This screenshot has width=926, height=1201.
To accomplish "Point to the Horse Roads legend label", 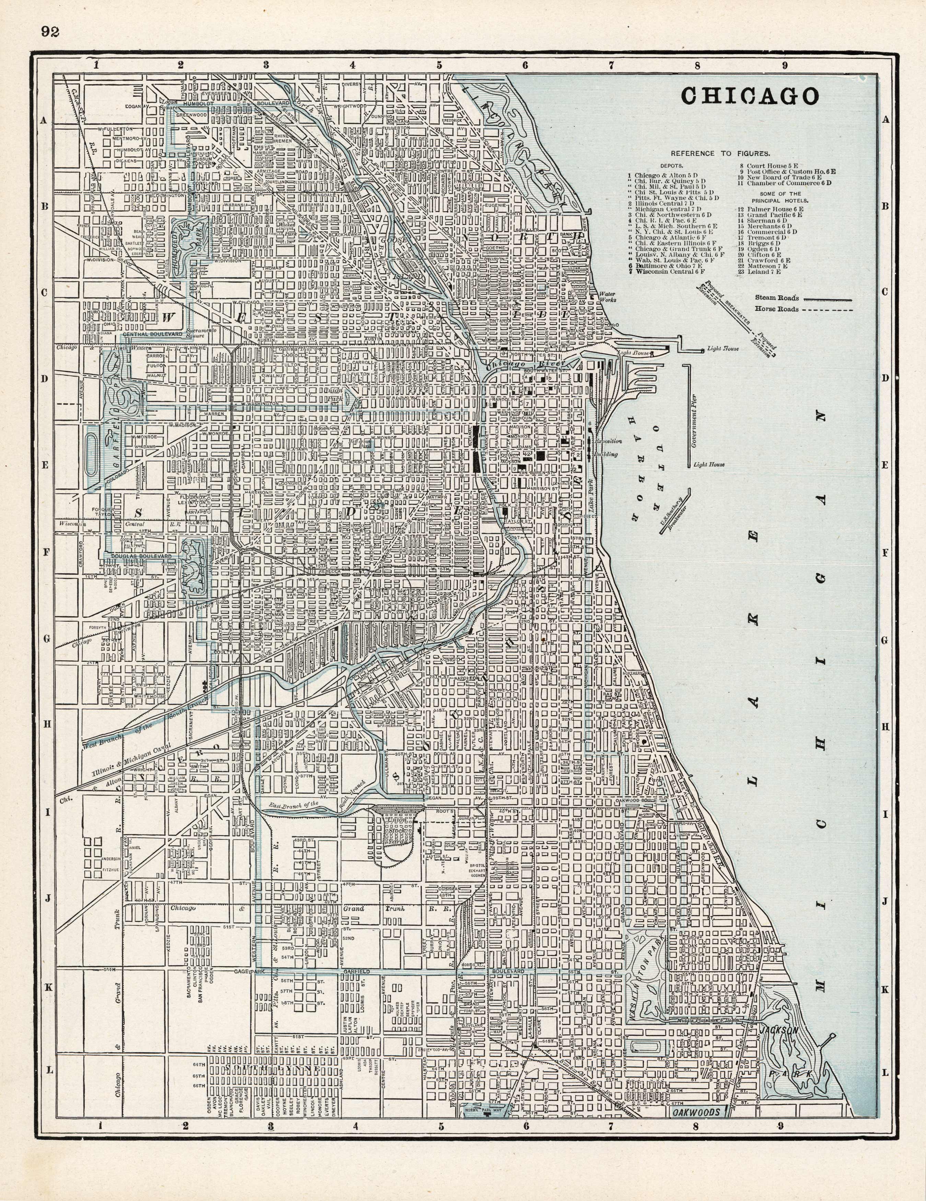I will (776, 309).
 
